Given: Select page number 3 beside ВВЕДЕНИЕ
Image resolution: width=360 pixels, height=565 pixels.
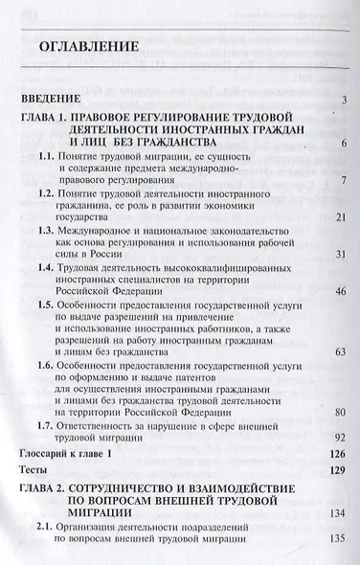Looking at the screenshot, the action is pos(342,101).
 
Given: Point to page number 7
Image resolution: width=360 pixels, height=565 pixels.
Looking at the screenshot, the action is pos(343,180).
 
